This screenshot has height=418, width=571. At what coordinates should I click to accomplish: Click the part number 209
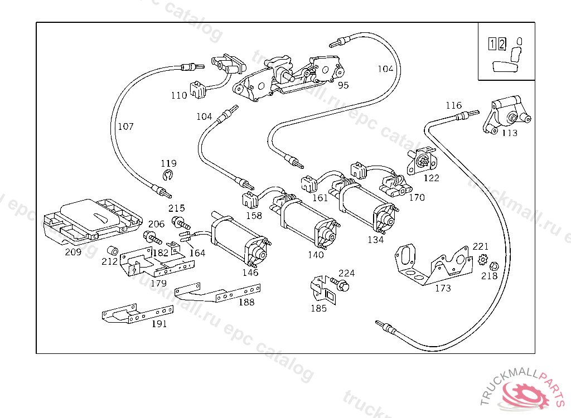pos(73,252)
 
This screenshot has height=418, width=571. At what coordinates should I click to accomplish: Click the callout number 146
pos(250,273)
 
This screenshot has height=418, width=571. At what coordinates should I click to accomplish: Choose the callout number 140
pos(316,255)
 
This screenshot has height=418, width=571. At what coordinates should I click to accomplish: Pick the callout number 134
pos(375,240)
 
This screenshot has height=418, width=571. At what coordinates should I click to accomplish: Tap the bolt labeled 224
pos(341,285)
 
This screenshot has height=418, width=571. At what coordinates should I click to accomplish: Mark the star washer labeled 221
pos(483,260)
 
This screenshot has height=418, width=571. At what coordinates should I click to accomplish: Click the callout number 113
pos(509,133)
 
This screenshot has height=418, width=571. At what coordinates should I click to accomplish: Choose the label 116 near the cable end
pos(453,105)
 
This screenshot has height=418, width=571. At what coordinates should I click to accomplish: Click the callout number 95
pos(343,85)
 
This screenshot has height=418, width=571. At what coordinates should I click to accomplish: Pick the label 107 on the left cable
pos(125,127)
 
